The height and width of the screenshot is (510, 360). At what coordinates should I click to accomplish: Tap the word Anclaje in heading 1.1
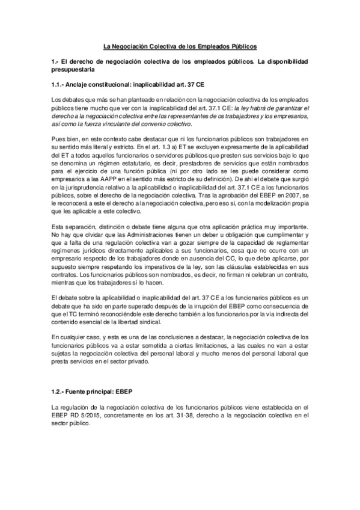pos(80,85)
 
